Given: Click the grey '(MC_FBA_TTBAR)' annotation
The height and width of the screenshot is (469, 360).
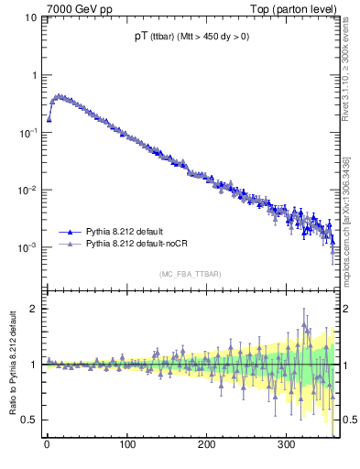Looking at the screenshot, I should click(190, 274).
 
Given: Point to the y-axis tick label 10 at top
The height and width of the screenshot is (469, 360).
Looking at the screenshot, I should click(29, 17).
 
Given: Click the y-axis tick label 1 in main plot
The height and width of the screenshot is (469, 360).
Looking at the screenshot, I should click(33, 75).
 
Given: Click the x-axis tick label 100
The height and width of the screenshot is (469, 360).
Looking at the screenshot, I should click(126, 445).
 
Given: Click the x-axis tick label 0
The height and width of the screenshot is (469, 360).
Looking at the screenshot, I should click(47, 445).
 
